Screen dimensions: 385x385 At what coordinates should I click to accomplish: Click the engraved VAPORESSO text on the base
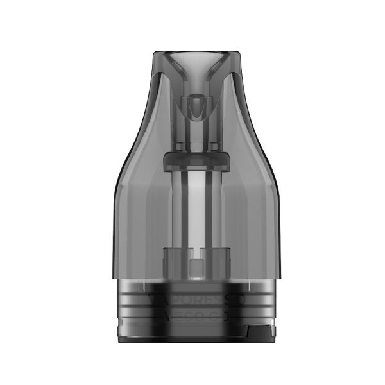(192, 300)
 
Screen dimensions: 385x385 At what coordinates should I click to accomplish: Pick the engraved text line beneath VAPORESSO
(192, 315)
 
